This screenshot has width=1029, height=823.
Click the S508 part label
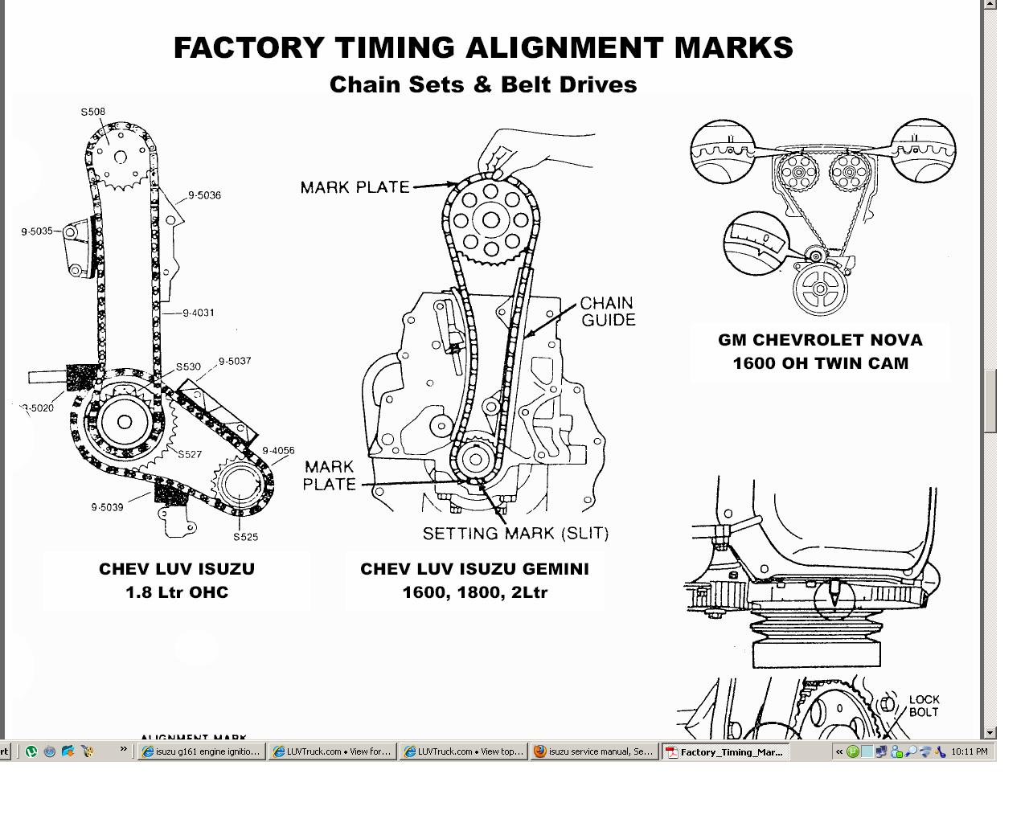(x=92, y=112)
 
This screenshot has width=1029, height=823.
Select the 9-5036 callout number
(x=204, y=195)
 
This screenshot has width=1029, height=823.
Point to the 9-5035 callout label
(x=37, y=231)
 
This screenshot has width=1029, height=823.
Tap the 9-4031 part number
(x=199, y=313)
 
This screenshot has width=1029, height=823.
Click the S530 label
(x=188, y=367)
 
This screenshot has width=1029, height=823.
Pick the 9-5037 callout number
(x=235, y=362)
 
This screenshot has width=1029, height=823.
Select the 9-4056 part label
(x=278, y=451)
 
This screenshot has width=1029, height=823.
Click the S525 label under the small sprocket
(x=246, y=537)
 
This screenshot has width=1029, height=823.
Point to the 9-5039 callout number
(x=107, y=507)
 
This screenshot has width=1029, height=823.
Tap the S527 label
(x=190, y=454)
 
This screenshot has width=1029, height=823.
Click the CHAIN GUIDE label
(x=607, y=311)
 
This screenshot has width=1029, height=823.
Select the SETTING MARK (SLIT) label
(x=515, y=533)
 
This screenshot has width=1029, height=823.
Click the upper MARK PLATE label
(x=355, y=187)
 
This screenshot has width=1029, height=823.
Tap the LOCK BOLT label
(x=924, y=706)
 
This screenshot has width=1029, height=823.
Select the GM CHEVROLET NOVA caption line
(x=820, y=340)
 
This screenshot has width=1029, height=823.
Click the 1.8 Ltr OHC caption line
(x=177, y=592)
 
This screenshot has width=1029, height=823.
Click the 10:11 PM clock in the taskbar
(x=969, y=752)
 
